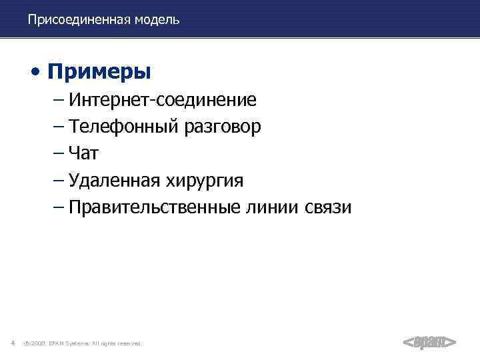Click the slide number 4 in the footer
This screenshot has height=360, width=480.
[x=13, y=343]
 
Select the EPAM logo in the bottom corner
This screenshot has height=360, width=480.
[x=429, y=343]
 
